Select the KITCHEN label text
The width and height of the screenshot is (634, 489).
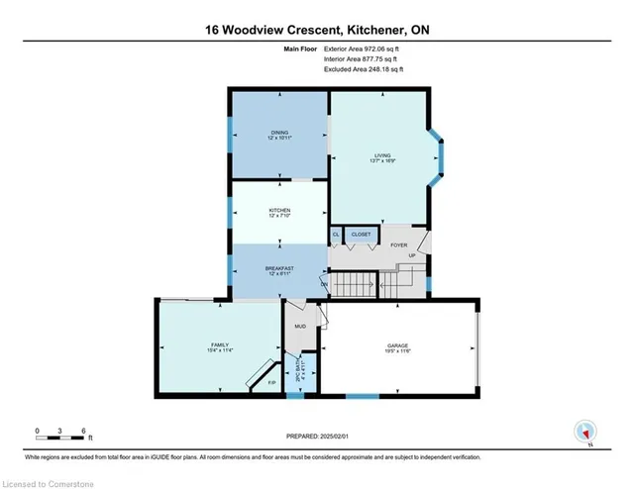point(279,211)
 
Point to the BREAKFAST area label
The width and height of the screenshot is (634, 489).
point(279,268)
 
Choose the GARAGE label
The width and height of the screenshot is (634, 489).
point(397,345)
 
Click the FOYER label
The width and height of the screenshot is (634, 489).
point(398,244)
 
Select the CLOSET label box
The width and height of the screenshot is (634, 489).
point(361,235)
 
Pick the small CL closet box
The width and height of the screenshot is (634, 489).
point(336,235)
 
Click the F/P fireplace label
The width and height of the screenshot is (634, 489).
point(271,382)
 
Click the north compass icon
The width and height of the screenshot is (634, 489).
point(586,432)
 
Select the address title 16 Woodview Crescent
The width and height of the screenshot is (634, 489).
point(317,31)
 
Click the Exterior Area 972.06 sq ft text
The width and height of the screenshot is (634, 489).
point(364,49)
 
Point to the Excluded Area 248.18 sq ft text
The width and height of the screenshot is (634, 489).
point(364,69)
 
